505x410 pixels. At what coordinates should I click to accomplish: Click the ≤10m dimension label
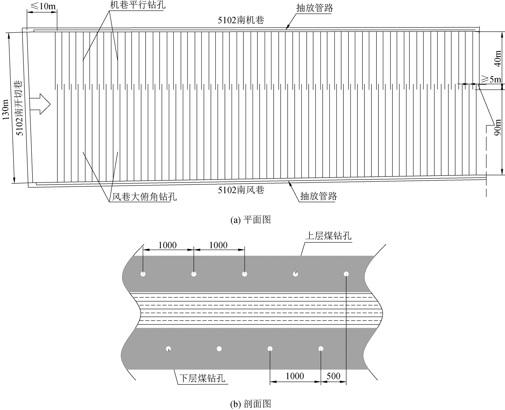point(42,6)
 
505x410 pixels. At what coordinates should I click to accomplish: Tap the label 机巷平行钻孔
point(137,5)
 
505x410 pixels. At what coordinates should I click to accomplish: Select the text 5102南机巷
point(241,20)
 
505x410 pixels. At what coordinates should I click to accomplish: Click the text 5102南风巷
point(241,190)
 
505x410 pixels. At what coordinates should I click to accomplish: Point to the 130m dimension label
point(6,109)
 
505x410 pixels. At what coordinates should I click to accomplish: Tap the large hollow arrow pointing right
point(40,104)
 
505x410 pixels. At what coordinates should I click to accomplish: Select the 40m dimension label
point(497,59)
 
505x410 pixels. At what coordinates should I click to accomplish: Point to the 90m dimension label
point(497,127)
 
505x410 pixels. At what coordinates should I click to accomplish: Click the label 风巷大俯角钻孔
point(144,197)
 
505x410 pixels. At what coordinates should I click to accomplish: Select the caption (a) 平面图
point(250,220)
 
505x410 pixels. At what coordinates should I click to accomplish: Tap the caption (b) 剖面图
point(250,404)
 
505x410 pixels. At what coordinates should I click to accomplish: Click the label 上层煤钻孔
point(328,236)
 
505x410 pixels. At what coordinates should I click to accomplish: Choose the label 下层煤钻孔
point(202,378)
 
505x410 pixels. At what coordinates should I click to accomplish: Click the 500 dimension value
point(333,376)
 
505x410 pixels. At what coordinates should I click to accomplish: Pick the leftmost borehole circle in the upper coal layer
point(143,274)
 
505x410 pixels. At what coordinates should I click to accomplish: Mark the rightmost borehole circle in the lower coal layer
point(321,349)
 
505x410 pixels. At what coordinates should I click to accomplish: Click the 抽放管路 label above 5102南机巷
point(315,8)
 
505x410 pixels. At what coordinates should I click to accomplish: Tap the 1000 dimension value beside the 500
point(295,376)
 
